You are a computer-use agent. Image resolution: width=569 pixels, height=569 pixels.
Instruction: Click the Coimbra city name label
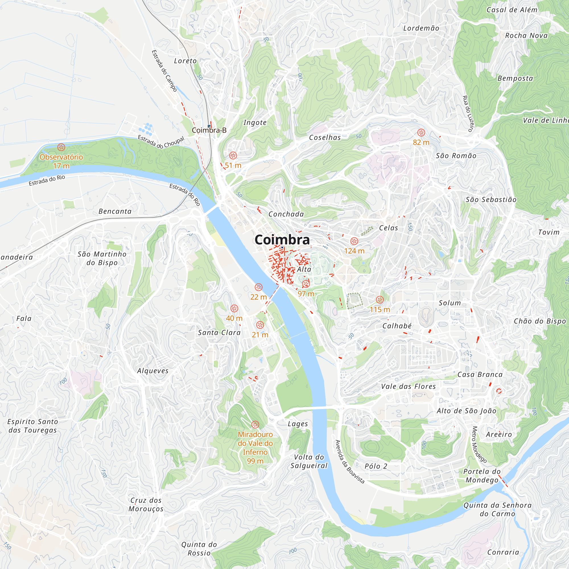(282, 240)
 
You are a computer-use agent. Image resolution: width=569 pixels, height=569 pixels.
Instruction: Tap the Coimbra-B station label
(209, 130)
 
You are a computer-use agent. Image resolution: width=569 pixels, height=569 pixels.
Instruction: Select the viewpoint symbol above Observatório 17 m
(61, 147)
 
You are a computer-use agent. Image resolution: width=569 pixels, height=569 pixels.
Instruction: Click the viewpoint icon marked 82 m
(421, 133)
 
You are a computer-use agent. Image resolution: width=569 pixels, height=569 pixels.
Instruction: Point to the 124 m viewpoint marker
(354, 241)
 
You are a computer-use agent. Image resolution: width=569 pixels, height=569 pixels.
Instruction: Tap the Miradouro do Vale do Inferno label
(255, 447)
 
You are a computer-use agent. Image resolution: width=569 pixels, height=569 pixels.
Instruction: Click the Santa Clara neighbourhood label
(219, 333)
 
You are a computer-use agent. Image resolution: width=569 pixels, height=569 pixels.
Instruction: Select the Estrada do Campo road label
(164, 71)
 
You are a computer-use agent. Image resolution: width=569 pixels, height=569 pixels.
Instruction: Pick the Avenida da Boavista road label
(350, 461)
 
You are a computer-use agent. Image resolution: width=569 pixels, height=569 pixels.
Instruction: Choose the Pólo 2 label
(376, 466)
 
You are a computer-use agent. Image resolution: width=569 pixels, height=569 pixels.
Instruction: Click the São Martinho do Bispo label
(102, 258)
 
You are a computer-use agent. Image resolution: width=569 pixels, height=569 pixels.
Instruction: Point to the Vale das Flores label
(408, 386)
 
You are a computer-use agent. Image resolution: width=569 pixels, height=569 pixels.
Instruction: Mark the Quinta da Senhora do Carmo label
(497, 510)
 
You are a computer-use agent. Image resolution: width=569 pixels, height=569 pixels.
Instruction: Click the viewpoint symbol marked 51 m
(233, 156)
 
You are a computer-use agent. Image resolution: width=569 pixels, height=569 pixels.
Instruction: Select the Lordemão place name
(421, 28)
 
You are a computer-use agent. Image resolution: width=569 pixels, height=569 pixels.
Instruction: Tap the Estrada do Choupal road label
(161, 142)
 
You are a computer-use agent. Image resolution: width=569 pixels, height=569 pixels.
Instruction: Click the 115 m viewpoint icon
(380, 300)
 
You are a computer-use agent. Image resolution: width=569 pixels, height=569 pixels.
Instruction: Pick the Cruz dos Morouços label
(146, 504)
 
